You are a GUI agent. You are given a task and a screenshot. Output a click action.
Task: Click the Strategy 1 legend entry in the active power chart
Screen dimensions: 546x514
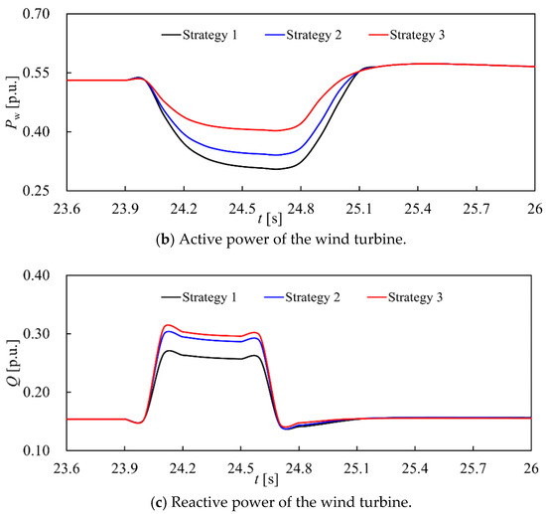[x=200, y=35]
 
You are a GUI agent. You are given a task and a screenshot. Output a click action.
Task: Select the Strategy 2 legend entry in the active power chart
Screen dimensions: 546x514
[x=304, y=35]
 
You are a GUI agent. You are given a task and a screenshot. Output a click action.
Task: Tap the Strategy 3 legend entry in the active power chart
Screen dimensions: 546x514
[x=407, y=35]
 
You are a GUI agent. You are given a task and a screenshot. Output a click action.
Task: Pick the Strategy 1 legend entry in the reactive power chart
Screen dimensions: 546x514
[x=199, y=297]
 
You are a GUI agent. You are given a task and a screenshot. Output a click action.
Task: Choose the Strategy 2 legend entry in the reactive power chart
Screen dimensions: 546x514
[x=302, y=297]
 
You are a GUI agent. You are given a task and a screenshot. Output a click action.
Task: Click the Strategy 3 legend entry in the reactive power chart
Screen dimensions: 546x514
[x=405, y=297]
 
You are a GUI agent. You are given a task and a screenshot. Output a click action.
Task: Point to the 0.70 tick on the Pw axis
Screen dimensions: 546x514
[x=36, y=14]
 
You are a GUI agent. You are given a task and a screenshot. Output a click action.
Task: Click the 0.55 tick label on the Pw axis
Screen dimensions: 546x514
[x=36, y=73]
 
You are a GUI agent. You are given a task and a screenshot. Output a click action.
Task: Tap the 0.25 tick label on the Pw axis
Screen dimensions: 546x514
[x=36, y=191]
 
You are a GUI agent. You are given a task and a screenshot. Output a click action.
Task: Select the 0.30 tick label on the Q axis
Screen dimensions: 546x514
[x=36, y=334]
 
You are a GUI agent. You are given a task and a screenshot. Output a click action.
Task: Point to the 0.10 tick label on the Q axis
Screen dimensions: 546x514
[x=36, y=450]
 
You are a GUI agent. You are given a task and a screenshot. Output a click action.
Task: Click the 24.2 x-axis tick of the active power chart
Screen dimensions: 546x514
[x=184, y=209]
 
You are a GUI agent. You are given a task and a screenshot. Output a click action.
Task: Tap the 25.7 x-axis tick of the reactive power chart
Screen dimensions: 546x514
[x=473, y=469]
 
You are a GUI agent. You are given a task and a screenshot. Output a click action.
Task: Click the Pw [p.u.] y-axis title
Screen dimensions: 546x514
[x=13, y=102]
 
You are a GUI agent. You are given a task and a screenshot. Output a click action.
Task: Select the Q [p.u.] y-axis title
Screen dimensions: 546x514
[x=13, y=363]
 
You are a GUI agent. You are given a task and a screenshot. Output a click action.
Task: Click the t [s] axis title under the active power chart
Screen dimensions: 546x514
[x=270, y=219]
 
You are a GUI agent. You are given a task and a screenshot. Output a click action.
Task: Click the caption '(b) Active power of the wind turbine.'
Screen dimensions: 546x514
[x=281, y=240]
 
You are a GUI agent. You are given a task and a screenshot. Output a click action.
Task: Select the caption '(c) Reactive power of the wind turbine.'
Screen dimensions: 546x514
[x=281, y=502]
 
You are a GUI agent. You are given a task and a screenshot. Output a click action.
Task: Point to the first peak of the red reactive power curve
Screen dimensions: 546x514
[x=168, y=325]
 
